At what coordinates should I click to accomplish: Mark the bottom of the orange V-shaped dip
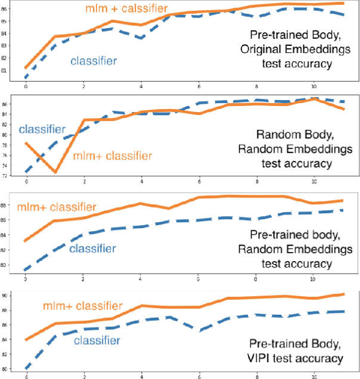[x=55, y=172]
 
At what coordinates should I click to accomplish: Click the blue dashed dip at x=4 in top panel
[x=141, y=38]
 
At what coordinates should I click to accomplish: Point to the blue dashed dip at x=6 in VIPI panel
[x=198, y=329]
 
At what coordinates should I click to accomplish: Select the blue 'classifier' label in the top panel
[x=94, y=60]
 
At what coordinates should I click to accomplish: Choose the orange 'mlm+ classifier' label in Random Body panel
[x=113, y=156]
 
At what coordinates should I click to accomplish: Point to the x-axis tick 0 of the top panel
[x=26, y=85]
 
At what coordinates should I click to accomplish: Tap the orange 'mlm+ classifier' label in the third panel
[x=56, y=207]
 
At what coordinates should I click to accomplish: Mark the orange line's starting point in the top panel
[x=26, y=67]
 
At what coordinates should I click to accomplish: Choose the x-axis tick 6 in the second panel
[x=198, y=182]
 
